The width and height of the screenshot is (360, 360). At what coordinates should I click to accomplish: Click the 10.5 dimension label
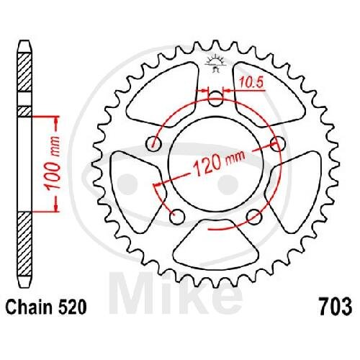[251, 83]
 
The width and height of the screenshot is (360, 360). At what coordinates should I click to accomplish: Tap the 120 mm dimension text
[219, 164]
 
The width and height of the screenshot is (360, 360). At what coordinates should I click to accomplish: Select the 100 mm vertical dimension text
[53, 164]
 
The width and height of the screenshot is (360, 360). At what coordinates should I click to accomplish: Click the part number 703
[336, 307]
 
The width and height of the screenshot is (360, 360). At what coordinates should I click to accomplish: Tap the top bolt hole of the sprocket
[215, 99]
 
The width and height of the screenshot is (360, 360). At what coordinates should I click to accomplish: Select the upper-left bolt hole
[153, 144]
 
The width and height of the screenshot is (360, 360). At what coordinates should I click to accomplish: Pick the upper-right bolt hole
[278, 144]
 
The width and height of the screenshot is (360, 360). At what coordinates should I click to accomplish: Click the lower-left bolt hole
[177, 217]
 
